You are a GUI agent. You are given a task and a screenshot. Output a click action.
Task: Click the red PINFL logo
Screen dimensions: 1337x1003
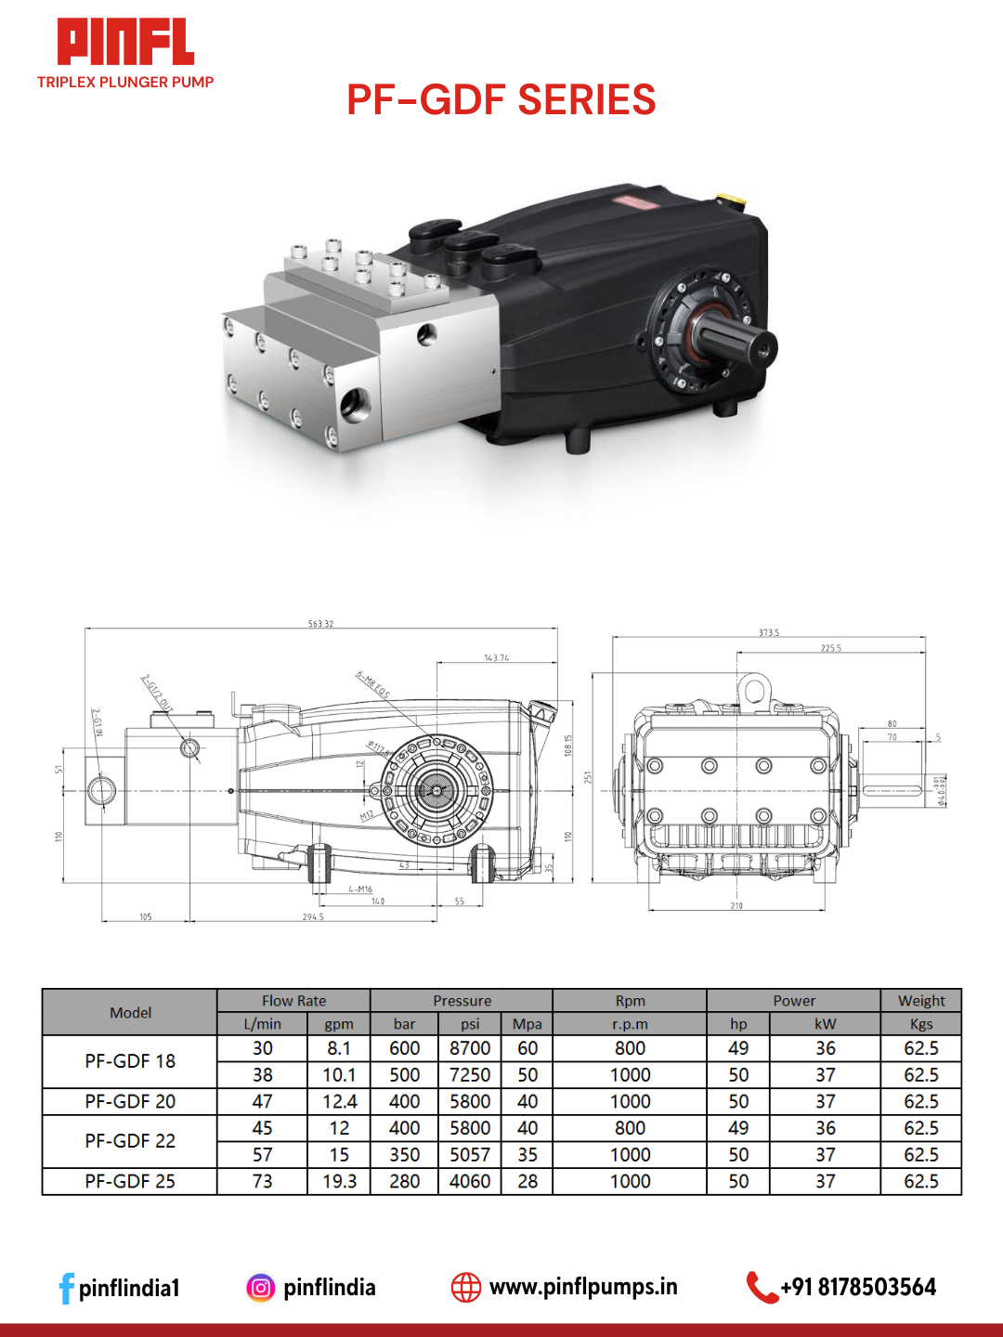[x=125, y=43]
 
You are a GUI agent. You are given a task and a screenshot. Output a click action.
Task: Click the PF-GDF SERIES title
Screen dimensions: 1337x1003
[x=501, y=100]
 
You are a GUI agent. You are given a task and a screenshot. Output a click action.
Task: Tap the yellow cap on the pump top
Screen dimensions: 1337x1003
[x=728, y=199]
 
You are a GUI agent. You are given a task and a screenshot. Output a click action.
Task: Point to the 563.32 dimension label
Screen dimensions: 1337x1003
[x=320, y=624]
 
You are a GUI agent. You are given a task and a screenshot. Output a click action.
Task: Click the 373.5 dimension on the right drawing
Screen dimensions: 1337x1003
[x=769, y=632]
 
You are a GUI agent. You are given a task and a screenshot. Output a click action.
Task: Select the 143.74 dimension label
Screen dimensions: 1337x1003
[x=497, y=657]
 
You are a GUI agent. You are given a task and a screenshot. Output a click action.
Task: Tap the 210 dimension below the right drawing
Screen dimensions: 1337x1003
[x=736, y=905]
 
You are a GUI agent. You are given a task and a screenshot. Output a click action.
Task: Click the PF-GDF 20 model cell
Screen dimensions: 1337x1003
[x=130, y=1102]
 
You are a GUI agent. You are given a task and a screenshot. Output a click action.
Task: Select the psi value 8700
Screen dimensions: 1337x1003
[x=470, y=1048]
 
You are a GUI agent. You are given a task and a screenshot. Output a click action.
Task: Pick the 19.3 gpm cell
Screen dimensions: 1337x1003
[x=339, y=1182]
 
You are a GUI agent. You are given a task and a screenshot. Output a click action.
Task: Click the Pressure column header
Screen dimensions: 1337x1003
[x=462, y=1001]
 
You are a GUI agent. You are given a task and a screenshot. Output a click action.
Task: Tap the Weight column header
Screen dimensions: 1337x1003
[x=921, y=1001]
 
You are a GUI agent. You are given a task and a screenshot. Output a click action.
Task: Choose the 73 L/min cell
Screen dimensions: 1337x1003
[x=263, y=1182]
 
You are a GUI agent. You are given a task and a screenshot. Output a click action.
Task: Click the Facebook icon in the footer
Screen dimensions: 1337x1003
[x=66, y=1288]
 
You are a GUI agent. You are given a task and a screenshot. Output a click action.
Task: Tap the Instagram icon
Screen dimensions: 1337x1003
[x=261, y=1288]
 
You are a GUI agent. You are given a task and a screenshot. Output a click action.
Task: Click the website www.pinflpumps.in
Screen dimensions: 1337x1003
[x=583, y=1287]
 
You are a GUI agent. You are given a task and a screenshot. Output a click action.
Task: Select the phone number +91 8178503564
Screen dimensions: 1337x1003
[x=858, y=1287]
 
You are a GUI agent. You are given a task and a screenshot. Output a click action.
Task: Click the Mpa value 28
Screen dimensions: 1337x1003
[x=528, y=1182]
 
